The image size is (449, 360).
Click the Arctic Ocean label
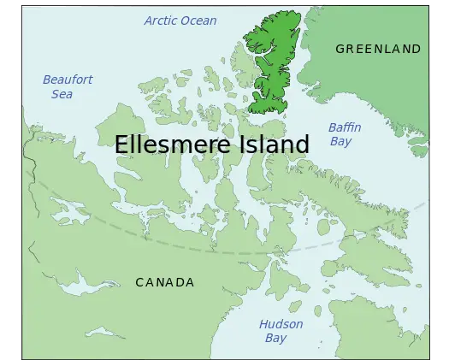[x=180, y=21]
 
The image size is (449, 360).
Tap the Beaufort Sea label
[x=68, y=86]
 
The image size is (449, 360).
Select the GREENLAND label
[x=378, y=49]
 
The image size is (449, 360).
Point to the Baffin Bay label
[x=345, y=134]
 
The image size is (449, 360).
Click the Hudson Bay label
[x=281, y=331]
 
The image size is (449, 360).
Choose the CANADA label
[x=165, y=282]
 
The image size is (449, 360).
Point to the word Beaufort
[x=68, y=80]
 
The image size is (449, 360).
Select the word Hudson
[x=281, y=324]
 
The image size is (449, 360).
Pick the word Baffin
[x=345, y=127]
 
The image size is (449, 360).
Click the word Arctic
[x=162, y=21]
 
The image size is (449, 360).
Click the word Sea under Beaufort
[x=62, y=93]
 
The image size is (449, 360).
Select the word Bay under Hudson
[x=275, y=338]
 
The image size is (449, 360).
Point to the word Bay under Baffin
[x=340, y=141]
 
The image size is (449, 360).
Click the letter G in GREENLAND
[x=340, y=49]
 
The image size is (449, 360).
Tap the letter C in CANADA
[x=139, y=282]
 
